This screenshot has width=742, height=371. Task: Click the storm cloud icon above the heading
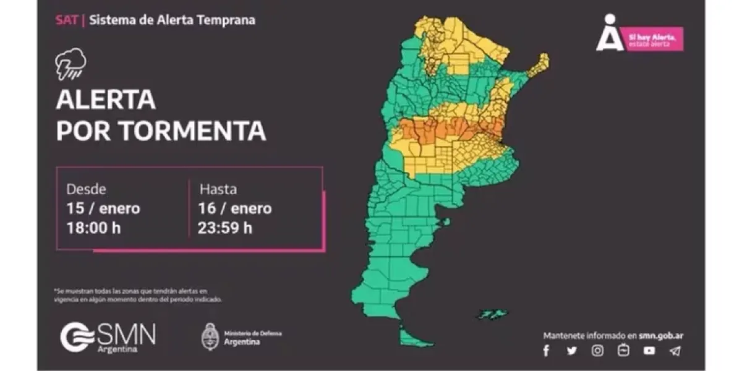[70, 65]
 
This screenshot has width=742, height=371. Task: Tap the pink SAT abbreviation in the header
[67, 20]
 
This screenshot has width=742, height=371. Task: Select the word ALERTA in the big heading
[105, 99]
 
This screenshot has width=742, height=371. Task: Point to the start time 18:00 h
[94, 228]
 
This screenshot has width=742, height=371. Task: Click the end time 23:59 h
[225, 228]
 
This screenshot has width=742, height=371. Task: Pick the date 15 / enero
[103, 208]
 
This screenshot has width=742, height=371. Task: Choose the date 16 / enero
[235, 208]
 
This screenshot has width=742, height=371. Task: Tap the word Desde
[86, 189]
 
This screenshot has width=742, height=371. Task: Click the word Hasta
[218, 189]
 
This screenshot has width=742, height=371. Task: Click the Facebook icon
[546, 351]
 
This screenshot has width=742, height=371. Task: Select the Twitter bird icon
[571, 351]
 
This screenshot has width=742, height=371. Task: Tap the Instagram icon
[597, 351]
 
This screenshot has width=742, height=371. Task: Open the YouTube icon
[649, 351]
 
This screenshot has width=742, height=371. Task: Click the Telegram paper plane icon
[675, 351]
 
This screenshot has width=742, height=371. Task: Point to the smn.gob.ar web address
[661, 336]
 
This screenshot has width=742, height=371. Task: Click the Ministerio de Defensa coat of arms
[211, 336]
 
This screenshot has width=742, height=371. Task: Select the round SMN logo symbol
[77, 337]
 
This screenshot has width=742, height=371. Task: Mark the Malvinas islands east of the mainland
[492, 315]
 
